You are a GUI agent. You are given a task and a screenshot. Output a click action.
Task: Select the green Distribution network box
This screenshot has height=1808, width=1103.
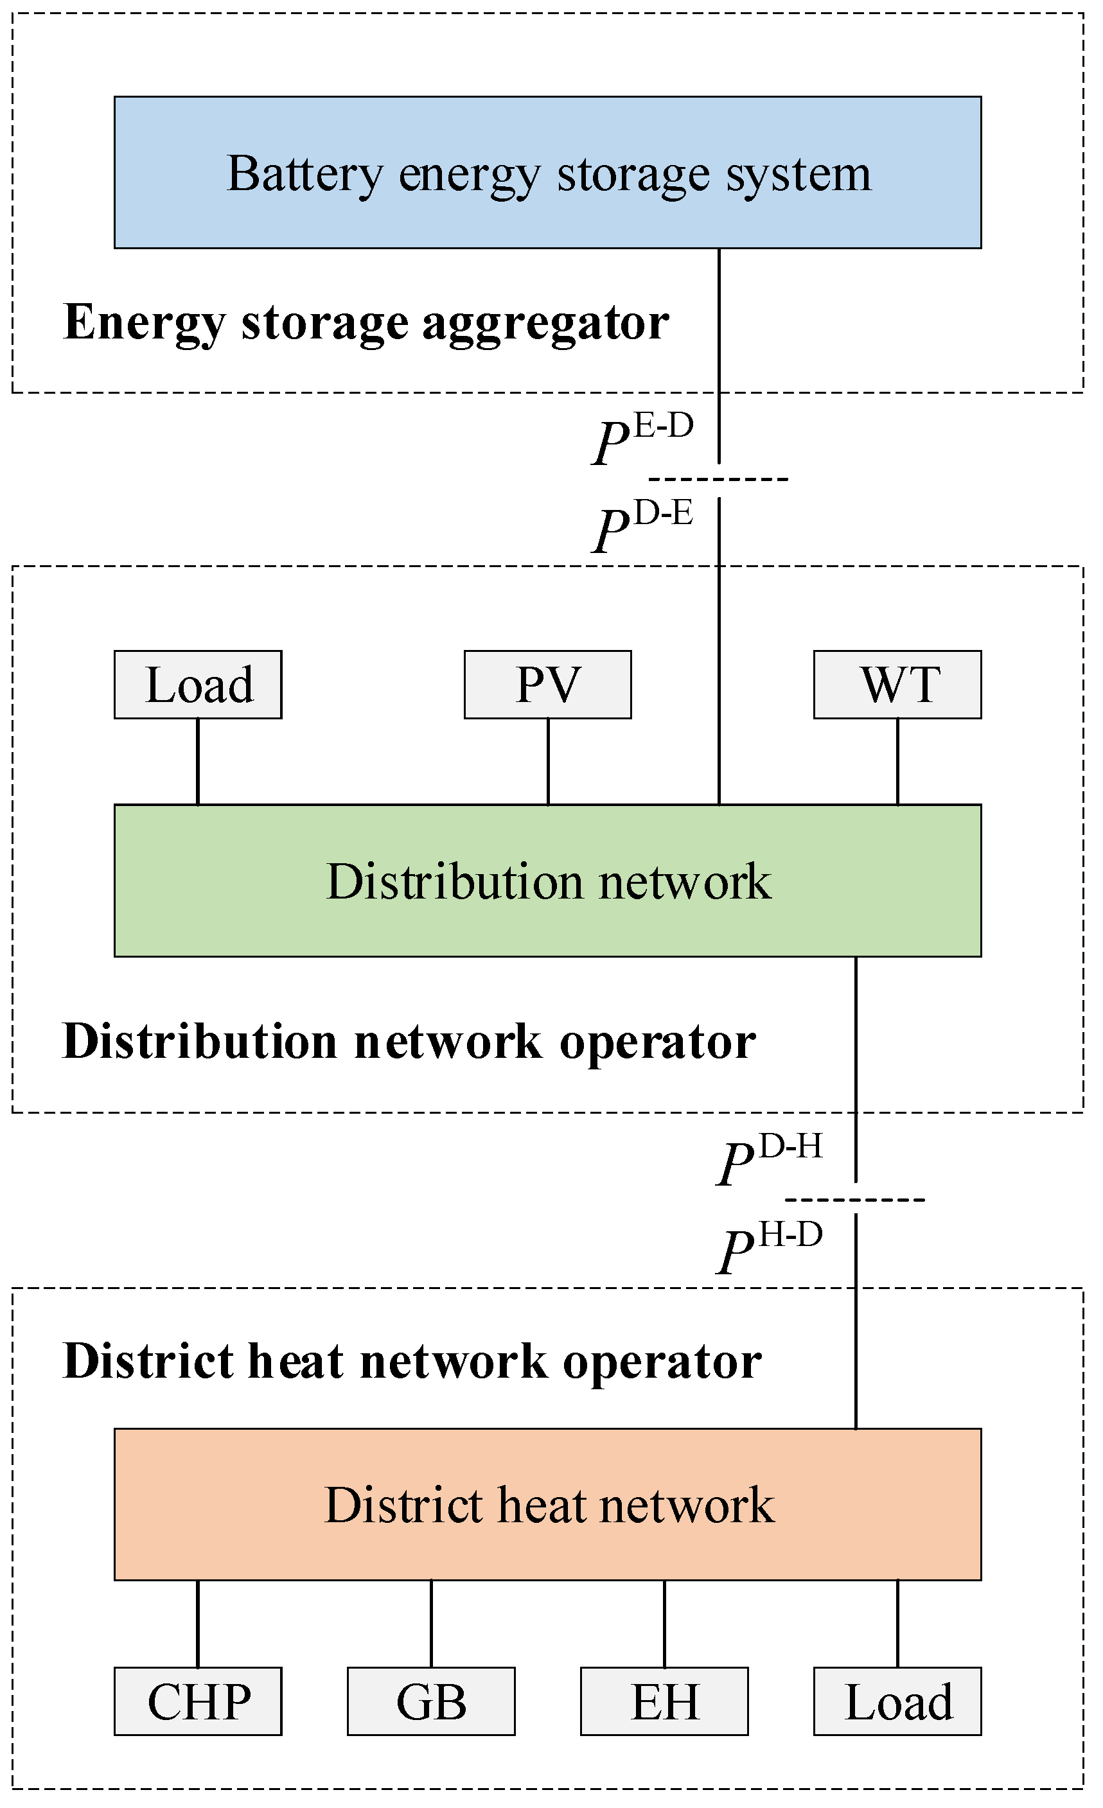(x=547, y=881)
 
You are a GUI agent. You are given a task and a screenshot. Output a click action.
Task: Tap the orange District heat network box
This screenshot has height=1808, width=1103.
(x=547, y=1505)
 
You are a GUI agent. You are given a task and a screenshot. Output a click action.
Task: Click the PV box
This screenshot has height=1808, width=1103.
(x=547, y=685)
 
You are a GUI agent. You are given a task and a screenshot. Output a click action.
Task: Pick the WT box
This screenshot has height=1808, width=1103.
(x=897, y=685)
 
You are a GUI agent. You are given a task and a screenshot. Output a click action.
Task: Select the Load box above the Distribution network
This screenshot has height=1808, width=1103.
(x=198, y=685)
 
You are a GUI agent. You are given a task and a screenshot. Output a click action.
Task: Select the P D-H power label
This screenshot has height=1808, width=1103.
(x=770, y=1160)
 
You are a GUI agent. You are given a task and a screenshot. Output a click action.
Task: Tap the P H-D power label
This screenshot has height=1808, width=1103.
(x=770, y=1248)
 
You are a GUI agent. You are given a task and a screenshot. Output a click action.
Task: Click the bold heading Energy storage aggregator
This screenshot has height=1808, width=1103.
(x=366, y=323)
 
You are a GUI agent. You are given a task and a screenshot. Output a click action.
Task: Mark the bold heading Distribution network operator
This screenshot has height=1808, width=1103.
(x=409, y=1041)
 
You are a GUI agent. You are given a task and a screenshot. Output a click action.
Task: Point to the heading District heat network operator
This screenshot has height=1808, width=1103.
(x=412, y=1362)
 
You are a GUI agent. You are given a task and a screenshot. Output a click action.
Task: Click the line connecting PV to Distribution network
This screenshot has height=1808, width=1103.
(x=548, y=761)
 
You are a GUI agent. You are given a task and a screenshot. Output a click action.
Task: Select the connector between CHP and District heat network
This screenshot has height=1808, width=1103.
(x=198, y=1624)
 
